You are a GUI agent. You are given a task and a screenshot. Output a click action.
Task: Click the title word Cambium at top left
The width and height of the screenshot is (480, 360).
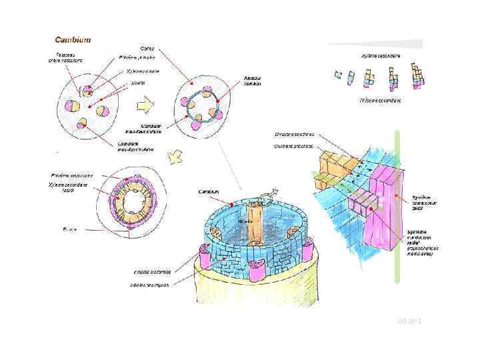pos(73,39)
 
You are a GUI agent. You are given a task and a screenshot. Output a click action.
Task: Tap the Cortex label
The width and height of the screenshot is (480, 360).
pos(147,49)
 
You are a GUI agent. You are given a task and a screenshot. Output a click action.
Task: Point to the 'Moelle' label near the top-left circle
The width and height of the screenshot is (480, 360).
pos(138,83)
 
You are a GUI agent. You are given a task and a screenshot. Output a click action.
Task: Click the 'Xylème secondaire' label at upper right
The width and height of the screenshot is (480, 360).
pos(381,55)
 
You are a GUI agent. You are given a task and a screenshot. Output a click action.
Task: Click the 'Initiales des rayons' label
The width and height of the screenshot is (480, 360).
pos(151,285)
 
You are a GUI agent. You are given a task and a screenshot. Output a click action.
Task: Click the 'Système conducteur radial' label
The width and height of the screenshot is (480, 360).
pos(423,242)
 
